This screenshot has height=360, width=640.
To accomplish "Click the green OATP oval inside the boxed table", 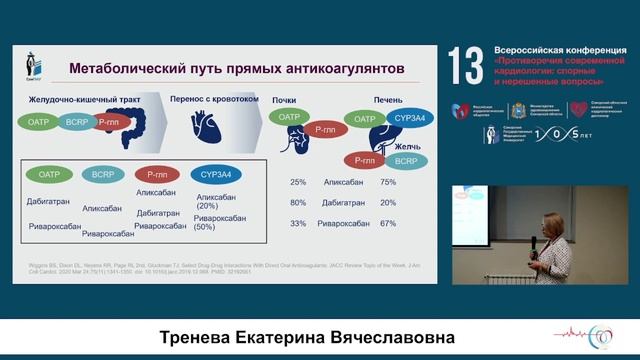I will [51, 173].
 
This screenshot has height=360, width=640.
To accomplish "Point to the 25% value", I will [297, 183].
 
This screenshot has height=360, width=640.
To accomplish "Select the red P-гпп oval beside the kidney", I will [323, 129].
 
